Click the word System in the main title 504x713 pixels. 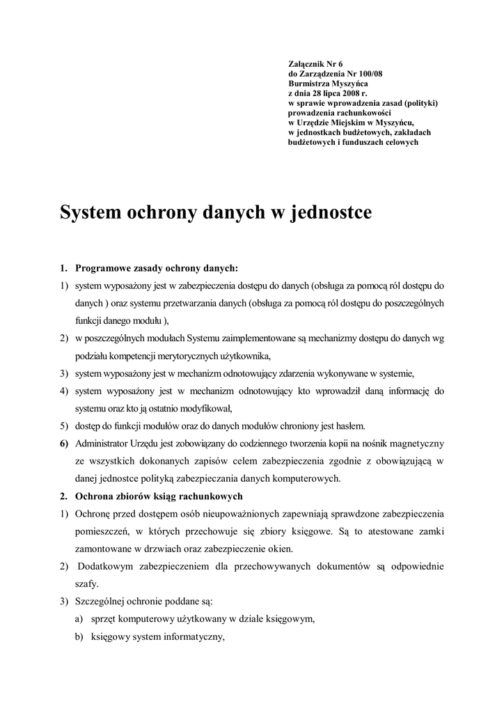[x=94, y=212]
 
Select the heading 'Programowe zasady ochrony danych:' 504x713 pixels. [x=156, y=267]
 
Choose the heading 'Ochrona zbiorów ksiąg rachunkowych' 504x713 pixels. [x=159, y=496]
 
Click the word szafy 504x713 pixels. [x=88, y=583]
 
